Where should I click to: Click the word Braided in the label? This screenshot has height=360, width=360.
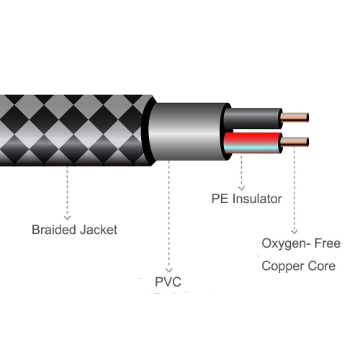(55, 230)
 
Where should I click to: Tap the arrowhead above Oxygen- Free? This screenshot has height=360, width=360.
(293, 228)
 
